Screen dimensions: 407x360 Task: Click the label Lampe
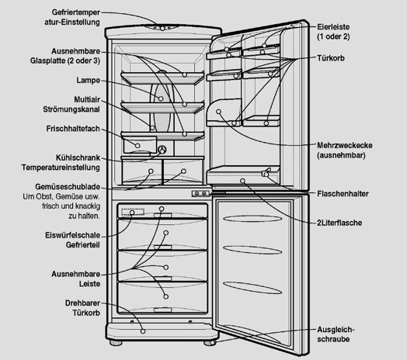88,81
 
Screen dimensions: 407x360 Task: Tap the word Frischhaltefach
73,129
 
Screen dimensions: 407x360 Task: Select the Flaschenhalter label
343,194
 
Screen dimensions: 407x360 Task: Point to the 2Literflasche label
339,223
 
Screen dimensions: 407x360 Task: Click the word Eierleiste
333,27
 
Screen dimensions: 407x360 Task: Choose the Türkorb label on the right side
331,58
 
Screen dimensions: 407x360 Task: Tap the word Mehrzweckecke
345,145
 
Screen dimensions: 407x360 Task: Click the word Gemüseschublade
68,187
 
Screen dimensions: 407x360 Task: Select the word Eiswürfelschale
72,235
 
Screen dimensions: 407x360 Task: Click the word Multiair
87,99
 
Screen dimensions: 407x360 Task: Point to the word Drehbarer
82,303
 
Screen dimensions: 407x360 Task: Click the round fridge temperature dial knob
162,150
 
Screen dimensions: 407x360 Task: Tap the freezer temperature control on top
162,28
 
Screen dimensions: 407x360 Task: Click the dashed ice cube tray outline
133,212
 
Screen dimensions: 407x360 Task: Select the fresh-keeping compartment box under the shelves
140,145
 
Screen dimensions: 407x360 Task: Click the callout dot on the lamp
161,99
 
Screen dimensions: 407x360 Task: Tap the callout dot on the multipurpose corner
219,112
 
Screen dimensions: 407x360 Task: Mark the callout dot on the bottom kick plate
143,331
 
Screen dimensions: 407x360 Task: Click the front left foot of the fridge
116,343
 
